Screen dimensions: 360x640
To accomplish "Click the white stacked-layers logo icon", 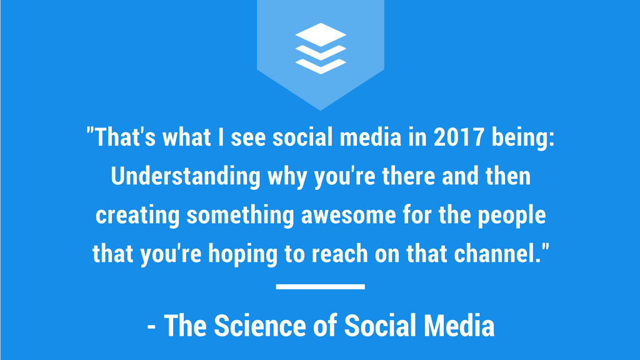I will point(320,48).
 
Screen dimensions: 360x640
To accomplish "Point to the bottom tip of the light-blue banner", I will point(320,109).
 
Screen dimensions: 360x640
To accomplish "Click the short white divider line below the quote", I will point(320,287).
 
